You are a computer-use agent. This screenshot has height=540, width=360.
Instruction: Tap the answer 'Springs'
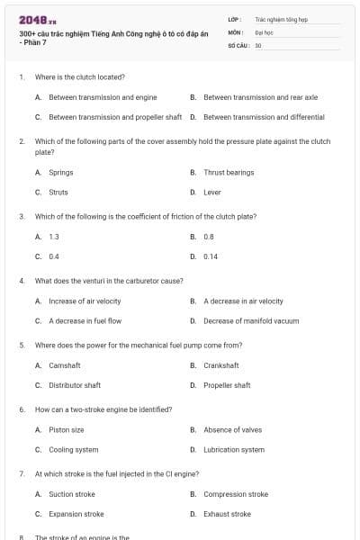(x=61, y=172)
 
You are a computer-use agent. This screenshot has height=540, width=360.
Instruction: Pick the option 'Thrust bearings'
(x=229, y=172)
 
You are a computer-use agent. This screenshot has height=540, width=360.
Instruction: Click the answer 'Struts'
(x=58, y=192)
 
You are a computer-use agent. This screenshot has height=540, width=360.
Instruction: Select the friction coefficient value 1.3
(x=54, y=236)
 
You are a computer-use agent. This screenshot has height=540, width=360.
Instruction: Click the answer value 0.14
(x=211, y=256)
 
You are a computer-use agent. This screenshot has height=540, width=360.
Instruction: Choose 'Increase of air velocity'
(x=85, y=301)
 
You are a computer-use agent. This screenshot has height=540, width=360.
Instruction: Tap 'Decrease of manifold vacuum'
(x=250, y=321)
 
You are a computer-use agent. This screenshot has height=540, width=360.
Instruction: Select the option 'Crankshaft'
(x=221, y=365)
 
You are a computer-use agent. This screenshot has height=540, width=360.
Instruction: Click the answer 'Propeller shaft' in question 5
(x=227, y=385)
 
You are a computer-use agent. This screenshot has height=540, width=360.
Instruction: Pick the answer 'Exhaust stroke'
(x=227, y=514)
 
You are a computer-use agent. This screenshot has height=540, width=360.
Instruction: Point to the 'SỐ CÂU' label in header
(x=238, y=43)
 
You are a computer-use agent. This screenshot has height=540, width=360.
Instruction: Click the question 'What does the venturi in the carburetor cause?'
(x=109, y=281)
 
